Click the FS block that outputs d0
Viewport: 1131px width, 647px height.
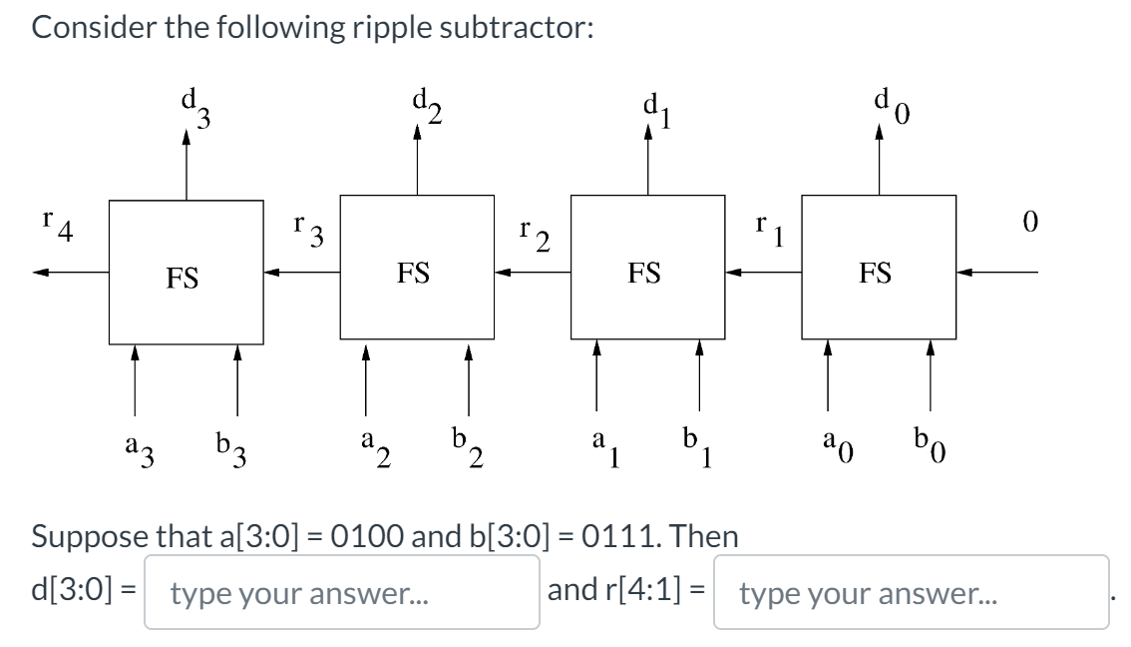tap(878, 271)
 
